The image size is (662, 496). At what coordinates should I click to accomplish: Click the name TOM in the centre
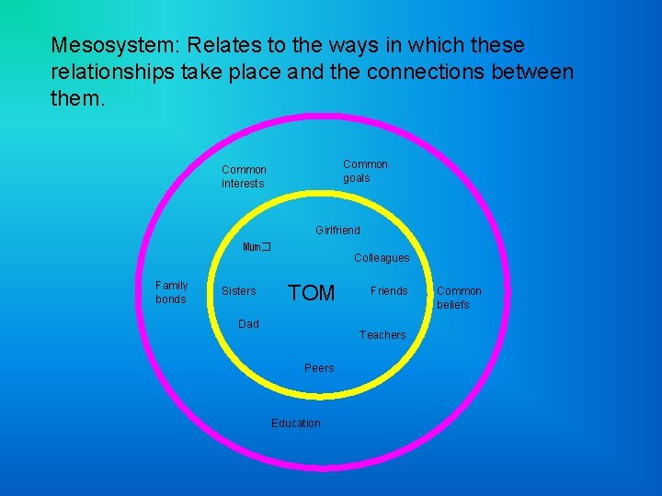(x=312, y=293)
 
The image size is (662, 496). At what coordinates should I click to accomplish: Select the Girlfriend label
(x=337, y=230)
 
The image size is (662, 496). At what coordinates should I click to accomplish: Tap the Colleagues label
(x=382, y=258)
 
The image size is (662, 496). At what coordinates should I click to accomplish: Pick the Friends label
(x=389, y=291)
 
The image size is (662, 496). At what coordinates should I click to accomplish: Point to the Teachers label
(x=382, y=335)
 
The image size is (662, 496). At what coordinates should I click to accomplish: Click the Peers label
(x=319, y=368)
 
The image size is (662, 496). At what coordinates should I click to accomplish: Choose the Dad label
(x=248, y=323)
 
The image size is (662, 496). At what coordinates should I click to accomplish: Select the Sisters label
(x=239, y=291)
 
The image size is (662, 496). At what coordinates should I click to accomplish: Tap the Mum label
(x=254, y=247)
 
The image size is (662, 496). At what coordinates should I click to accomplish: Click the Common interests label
(x=244, y=176)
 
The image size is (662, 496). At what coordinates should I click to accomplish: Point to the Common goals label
(x=365, y=171)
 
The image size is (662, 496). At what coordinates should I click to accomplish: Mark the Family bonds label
(x=171, y=292)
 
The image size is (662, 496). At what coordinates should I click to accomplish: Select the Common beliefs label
(x=459, y=298)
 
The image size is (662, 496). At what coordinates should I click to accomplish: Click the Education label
(x=296, y=423)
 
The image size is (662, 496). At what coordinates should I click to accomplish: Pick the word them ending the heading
(x=78, y=97)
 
